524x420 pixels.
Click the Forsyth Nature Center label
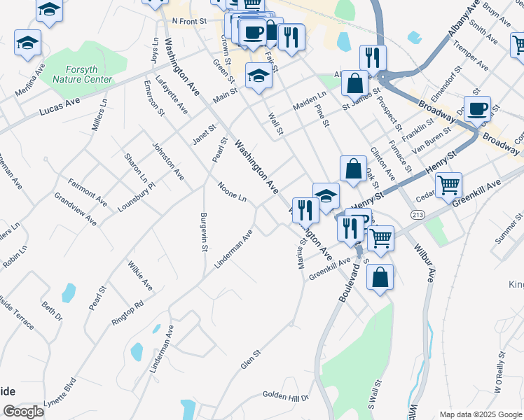[x=83, y=74]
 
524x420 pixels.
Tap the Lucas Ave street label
[x=60, y=106]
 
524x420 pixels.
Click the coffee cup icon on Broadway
[x=477, y=109]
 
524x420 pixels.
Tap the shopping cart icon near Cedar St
[x=448, y=185]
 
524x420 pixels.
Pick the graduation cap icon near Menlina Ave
[x=27, y=43]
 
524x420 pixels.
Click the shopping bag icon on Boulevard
[x=379, y=277]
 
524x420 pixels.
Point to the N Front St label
[x=190, y=21]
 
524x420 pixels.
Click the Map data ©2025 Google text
[x=480, y=414]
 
